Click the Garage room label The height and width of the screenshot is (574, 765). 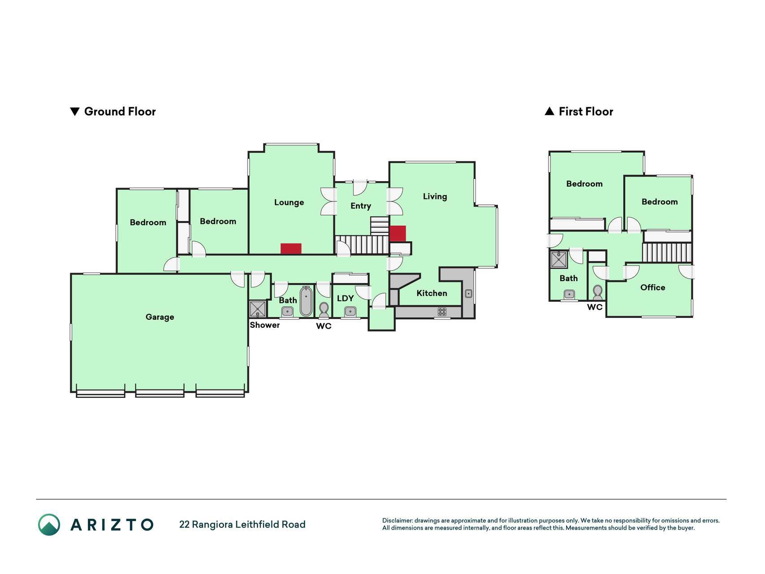click(160, 317)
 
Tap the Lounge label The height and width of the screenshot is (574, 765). click(289, 202)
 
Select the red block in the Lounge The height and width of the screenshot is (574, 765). click(291, 248)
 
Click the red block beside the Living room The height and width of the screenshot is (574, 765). click(398, 234)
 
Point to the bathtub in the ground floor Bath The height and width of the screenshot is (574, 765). click(306, 301)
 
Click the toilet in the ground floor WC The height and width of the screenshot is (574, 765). click(324, 309)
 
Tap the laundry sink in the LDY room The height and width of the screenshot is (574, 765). click(350, 311)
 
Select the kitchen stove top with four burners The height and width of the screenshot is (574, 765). click(442, 312)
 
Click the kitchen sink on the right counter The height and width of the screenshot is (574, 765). click(468, 294)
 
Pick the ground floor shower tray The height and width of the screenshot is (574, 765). click(258, 309)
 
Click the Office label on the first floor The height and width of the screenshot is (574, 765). click(653, 287)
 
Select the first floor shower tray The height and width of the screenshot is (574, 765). click(559, 260)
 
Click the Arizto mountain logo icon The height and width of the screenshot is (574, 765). click(49, 525)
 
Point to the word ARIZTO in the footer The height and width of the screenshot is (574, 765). click(112, 525)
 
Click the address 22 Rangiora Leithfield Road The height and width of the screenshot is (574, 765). click(242, 524)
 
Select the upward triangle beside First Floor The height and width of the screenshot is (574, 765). click(549, 111)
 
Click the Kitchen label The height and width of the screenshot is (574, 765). click(432, 293)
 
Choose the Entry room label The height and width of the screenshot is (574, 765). click(361, 206)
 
